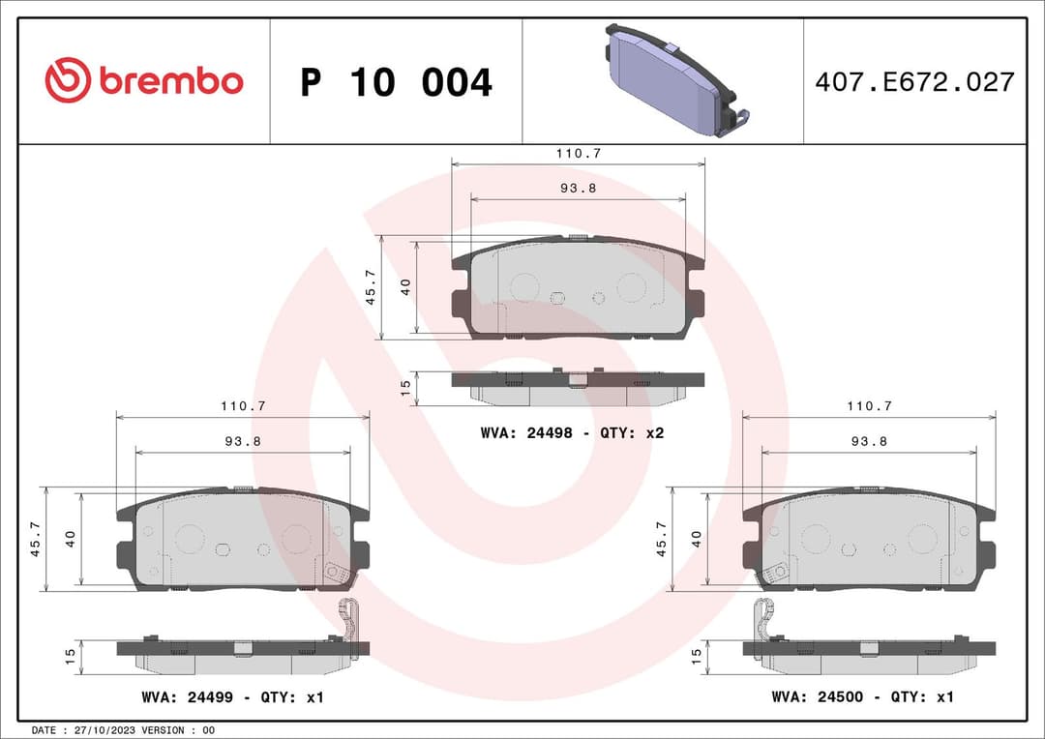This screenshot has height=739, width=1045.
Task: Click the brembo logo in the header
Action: (144, 81)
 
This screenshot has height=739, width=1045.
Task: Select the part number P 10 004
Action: (396, 83)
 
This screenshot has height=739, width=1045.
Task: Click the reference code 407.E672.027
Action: (914, 82)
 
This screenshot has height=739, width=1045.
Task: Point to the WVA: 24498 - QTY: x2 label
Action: (572, 433)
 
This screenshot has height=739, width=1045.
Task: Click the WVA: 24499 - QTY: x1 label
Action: (232, 696)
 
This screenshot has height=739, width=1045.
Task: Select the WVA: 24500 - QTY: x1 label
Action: (862, 696)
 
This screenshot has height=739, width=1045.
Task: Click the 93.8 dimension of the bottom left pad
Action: (243, 440)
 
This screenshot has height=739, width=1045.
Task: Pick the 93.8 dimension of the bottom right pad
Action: (869, 440)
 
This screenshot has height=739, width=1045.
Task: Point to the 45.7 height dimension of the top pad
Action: (370, 287)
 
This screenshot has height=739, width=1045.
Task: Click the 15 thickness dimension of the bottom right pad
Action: (696, 656)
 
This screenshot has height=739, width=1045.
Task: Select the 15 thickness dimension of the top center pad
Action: (405, 386)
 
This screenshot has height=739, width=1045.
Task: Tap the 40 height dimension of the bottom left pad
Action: (70, 539)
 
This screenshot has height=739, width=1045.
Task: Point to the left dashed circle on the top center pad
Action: (523, 286)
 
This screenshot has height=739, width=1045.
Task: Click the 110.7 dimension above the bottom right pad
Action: (869, 406)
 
